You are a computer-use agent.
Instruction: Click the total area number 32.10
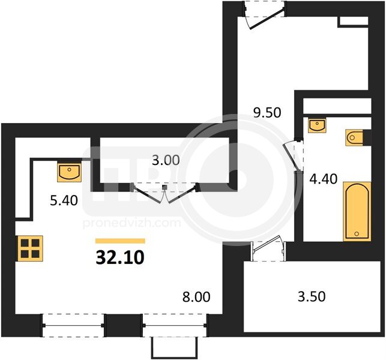120,257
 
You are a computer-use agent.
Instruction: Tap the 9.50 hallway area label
267,113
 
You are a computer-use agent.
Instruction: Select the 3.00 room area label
166,160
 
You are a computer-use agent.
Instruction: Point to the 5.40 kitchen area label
64,200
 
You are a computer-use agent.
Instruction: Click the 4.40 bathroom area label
323,179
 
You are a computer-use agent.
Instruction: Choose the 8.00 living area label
196,297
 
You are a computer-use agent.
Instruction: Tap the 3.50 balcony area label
312,296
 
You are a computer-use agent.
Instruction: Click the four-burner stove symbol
30,248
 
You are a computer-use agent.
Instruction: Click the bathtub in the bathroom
357,212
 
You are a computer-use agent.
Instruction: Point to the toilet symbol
355,137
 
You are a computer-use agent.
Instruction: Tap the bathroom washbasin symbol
318,125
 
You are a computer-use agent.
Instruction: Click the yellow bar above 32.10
120,241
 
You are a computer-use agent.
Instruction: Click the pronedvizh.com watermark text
132,223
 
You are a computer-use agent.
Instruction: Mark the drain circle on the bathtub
357,233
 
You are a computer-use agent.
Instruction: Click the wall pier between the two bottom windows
123,325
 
